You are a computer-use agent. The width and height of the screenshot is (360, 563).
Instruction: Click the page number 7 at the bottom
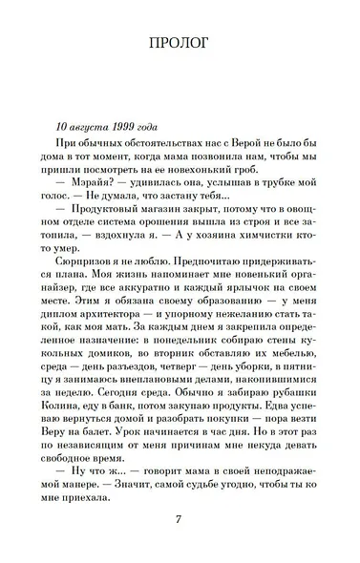click(x=180, y=519)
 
